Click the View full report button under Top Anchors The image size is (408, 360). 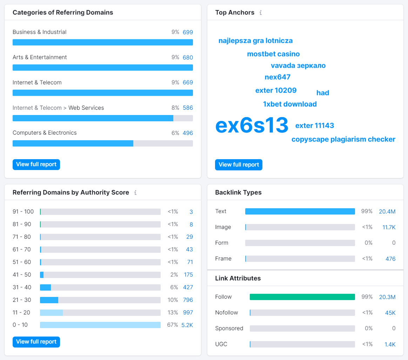click(239, 165)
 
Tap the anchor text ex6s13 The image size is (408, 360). click(252, 125)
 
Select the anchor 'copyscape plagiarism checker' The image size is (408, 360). click(343, 140)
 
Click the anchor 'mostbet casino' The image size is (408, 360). click(273, 54)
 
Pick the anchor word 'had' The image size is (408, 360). click(322, 93)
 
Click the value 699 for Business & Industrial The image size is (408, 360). click(188, 32)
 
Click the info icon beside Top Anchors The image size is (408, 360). click(261, 13)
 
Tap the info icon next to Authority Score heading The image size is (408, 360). click(135, 192)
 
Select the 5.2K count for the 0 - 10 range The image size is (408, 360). click(187, 325)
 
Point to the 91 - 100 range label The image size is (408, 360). click(23, 211)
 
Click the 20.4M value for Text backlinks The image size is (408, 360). click(387, 211)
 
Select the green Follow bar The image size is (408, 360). click(302, 297)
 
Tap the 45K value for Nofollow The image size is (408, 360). click(390, 313)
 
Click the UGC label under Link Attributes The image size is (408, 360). click(221, 344)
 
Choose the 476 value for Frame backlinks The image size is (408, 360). click(390, 259)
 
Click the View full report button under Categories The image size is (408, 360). click(36, 164)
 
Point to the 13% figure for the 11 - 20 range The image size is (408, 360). click(173, 312)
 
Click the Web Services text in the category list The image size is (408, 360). click(86, 108)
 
